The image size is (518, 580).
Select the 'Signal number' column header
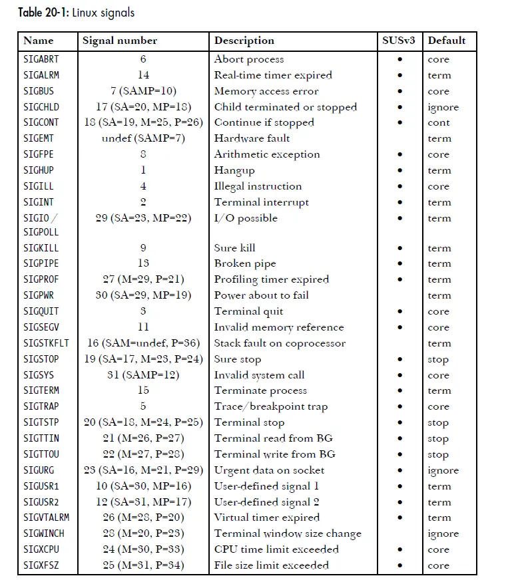click(x=120, y=41)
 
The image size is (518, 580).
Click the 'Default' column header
click(x=447, y=41)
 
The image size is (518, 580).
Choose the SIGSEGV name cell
click(x=43, y=327)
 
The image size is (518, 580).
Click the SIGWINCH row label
click(x=45, y=533)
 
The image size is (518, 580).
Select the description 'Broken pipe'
click(x=245, y=263)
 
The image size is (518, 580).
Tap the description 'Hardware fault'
click(x=252, y=138)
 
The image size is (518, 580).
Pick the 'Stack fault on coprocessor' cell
click(x=280, y=343)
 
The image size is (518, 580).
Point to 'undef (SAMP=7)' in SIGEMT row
click(x=143, y=138)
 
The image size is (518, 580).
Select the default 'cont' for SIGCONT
click(x=439, y=123)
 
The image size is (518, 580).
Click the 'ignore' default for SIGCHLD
click(x=443, y=107)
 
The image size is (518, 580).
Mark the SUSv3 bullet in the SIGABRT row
click(x=399, y=59)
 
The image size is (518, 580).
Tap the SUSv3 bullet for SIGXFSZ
click(x=399, y=565)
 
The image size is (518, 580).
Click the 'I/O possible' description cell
click(x=246, y=218)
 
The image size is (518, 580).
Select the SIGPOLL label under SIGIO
click(x=41, y=233)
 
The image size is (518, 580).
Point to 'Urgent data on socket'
click(x=269, y=470)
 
